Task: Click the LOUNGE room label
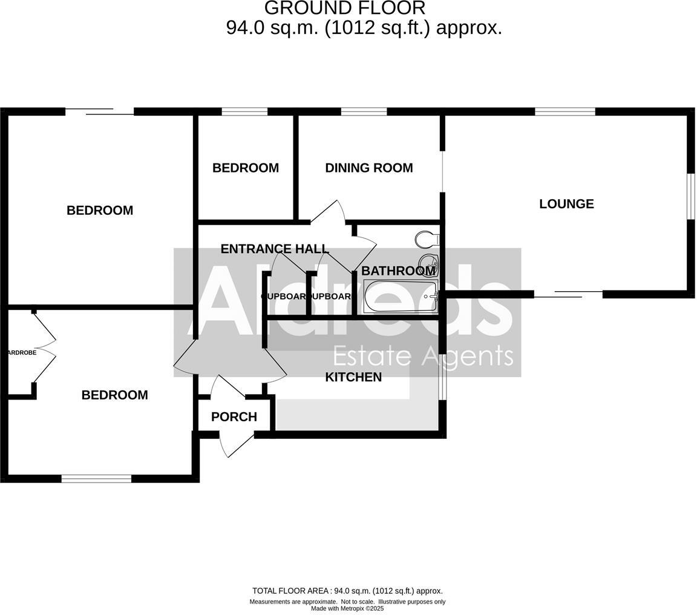[x=566, y=204]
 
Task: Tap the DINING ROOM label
[x=368, y=168]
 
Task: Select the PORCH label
[x=234, y=416]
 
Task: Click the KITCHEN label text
[x=353, y=377]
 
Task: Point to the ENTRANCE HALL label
[x=274, y=249]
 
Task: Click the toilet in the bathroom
[x=427, y=239]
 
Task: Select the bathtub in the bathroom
[x=400, y=297]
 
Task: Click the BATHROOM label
[x=398, y=271]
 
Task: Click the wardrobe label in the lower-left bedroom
[x=21, y=352]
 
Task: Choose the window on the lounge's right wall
[x=690, y=196]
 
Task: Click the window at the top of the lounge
[x=564, y=111]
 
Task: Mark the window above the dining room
[x=364, y=111]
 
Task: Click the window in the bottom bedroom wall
[x=96, y=478]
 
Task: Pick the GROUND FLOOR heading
[x=345, y=8]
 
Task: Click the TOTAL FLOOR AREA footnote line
[x=347, y=591]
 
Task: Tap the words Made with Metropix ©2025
[x=347, y=608]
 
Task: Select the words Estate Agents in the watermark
[x=423, y=357]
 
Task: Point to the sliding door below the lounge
[x=568, y=294]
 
